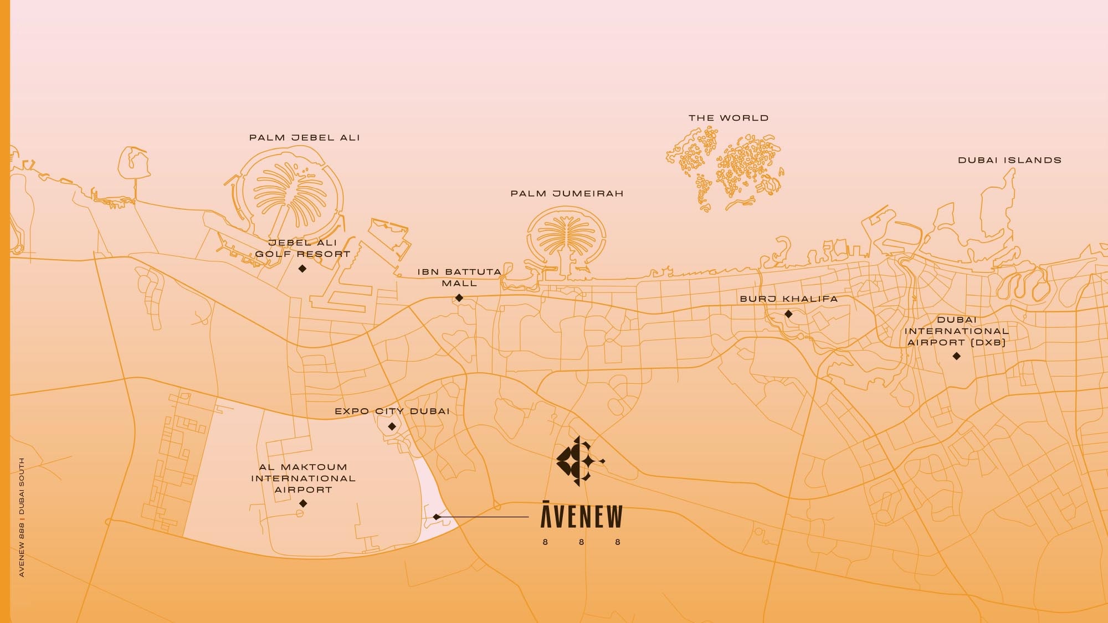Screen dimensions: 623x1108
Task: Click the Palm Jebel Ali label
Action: click(304, 138)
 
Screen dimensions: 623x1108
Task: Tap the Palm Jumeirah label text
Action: click(567, 194)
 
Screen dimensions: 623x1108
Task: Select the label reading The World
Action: click(729, 118)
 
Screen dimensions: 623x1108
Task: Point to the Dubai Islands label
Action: click(1009, 161)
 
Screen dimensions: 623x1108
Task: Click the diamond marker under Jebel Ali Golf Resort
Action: click(302, 269)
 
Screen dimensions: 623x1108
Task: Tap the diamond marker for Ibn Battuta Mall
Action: click(459, 298)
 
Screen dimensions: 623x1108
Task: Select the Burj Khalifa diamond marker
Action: click(788, 314)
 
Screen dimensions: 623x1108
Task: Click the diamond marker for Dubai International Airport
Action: click(956, 356)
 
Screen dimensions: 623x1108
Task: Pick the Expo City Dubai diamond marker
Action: click(392, 426)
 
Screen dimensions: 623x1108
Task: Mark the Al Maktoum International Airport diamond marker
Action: click(303, 503)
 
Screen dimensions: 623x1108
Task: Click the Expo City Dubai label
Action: click(392, 411)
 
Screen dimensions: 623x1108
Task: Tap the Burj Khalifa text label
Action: click(788, 299)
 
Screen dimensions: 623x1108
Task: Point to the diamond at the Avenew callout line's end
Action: click(437, 517)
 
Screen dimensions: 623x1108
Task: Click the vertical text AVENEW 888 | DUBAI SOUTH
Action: click(22, 517)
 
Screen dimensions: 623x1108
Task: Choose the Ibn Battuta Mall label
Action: click(459, 277)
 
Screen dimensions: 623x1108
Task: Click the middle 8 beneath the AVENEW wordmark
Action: click(581, 542)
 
